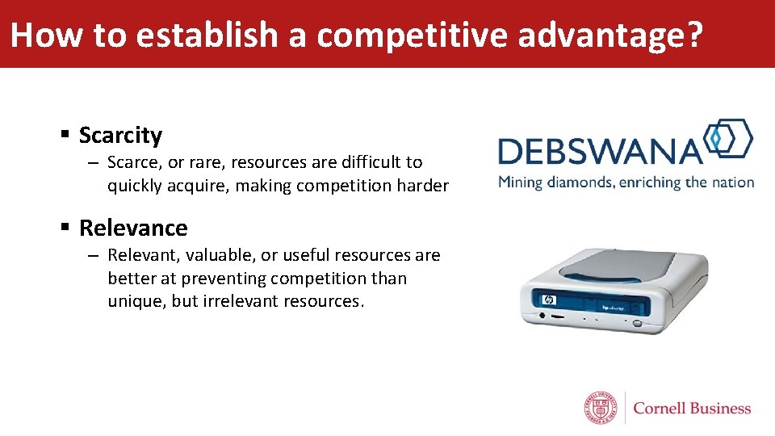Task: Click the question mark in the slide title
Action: point(693,36)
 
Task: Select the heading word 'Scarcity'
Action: point(120,136)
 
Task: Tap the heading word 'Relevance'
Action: point(133,228)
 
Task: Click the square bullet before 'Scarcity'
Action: point(65,134)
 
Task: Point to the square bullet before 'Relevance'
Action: point(65,227)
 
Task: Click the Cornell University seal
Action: point(600,408)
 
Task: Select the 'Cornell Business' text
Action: point(692,409)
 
